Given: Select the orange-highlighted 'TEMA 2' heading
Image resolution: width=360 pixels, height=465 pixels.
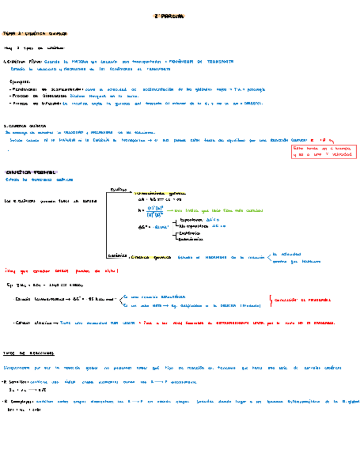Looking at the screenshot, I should pos(35,33).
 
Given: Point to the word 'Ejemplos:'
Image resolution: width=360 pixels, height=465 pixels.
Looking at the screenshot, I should pos(19,81).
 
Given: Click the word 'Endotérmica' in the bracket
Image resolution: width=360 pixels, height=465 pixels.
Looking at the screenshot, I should pos(188,239).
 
